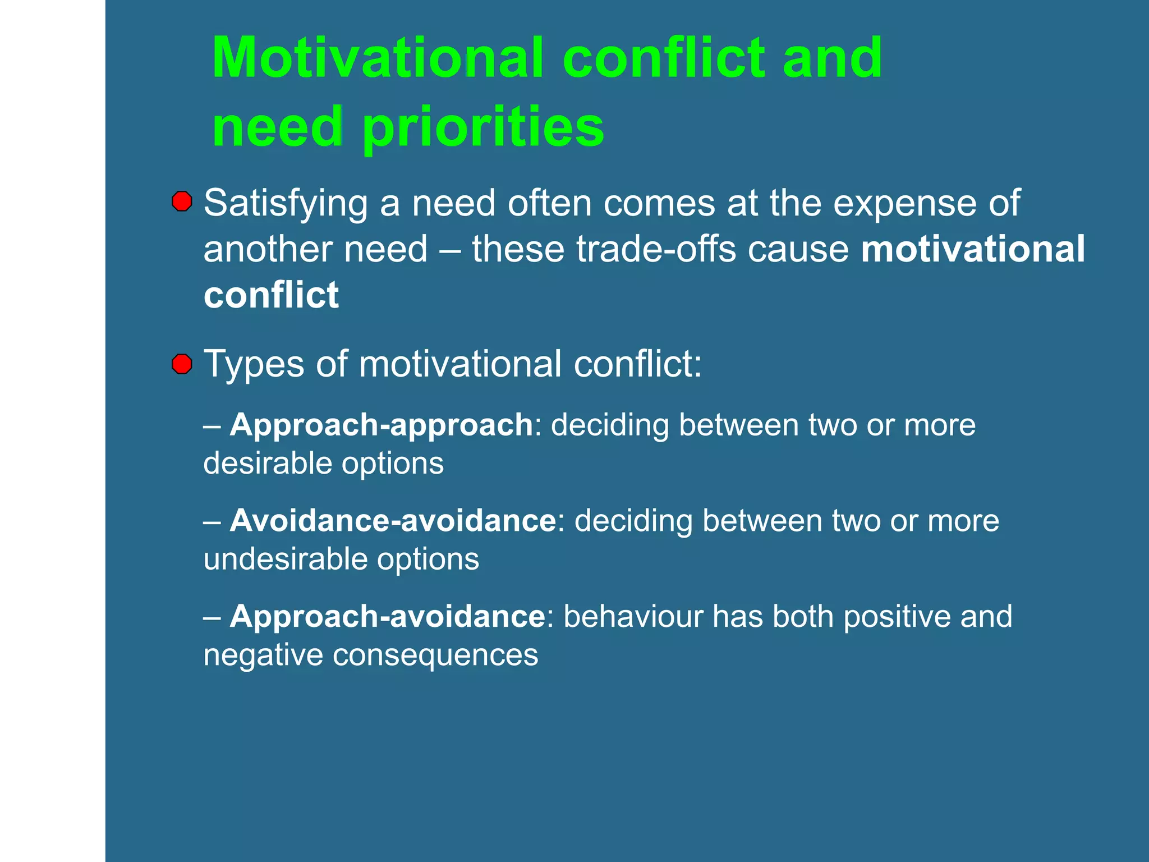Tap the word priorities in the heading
click(483, 127)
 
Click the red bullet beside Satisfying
click(182, 201)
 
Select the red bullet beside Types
click(182, 364)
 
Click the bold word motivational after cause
click(973, 249)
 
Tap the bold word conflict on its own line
click(271, 295)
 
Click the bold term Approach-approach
click(381, 425)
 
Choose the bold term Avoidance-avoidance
click(393, 521)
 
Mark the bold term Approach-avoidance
click(387, 617)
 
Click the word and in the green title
click(832, 58)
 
